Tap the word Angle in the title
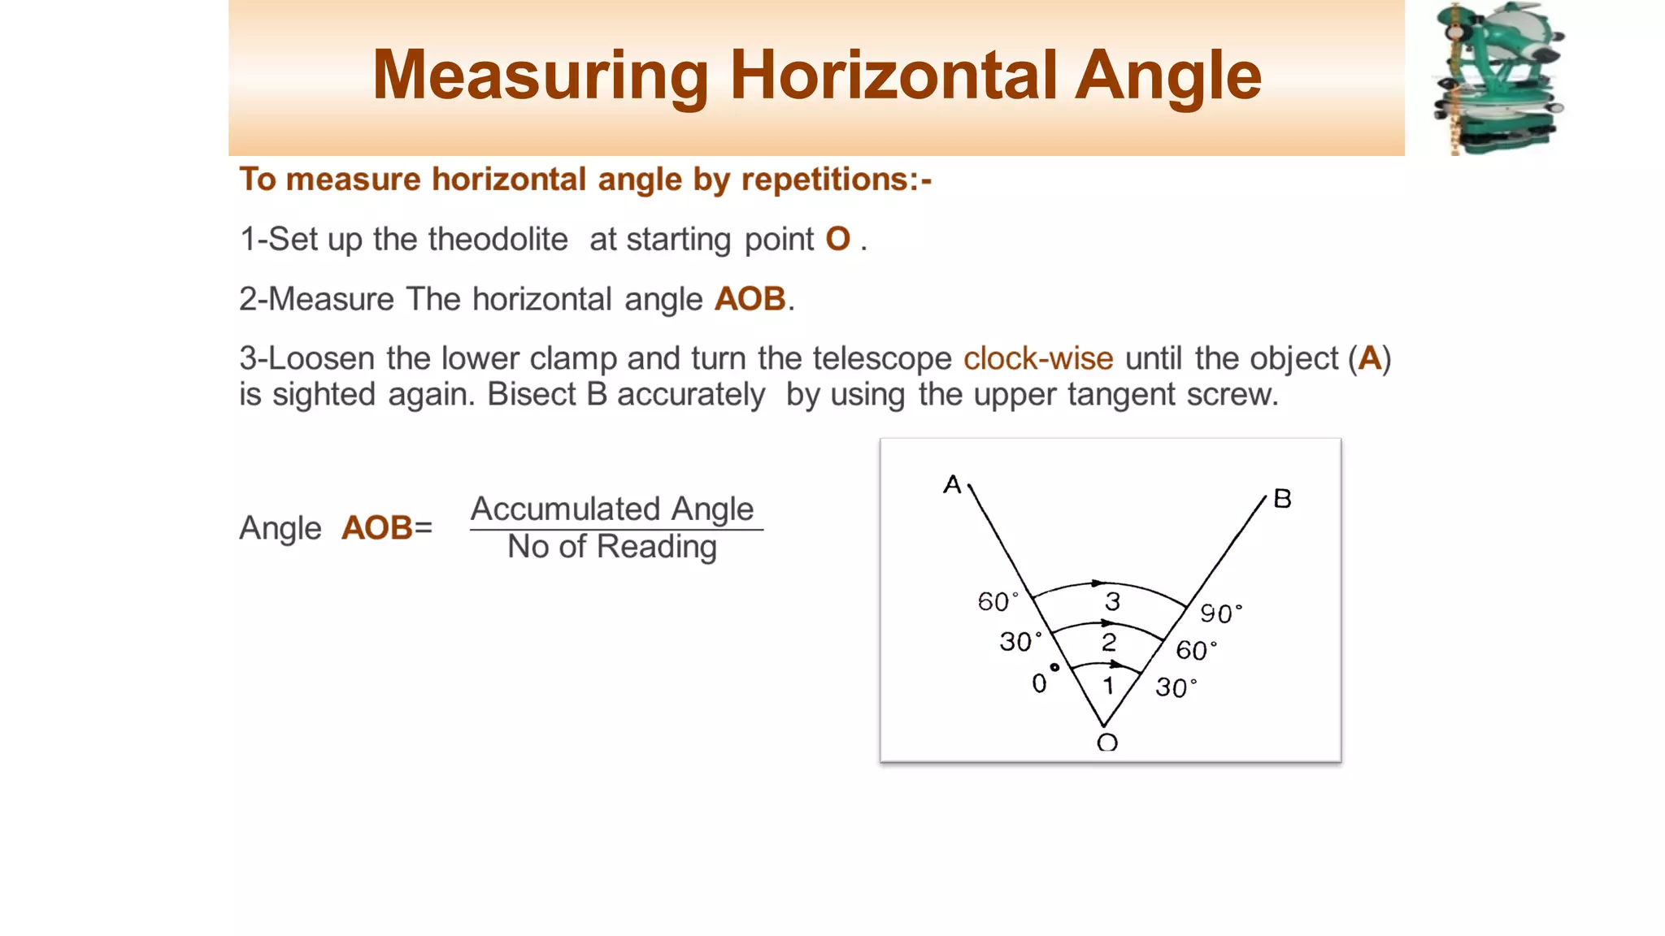click(1168, 76)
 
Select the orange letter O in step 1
click(837, 239)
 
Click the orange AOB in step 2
click(750, 299)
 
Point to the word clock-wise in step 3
click(1038, 358)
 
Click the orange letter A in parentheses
click(1370, 358)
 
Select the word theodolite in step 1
click(498, 239)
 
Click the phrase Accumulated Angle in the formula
click(612, 509)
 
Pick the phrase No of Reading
click(612, 547)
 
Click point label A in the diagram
click(952, 485)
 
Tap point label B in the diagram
click(1282, 498)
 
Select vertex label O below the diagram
click(1107, 742)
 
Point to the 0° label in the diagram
click(1044, 681)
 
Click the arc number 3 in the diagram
click(1112, 601)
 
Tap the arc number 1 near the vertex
click(1107, 686)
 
